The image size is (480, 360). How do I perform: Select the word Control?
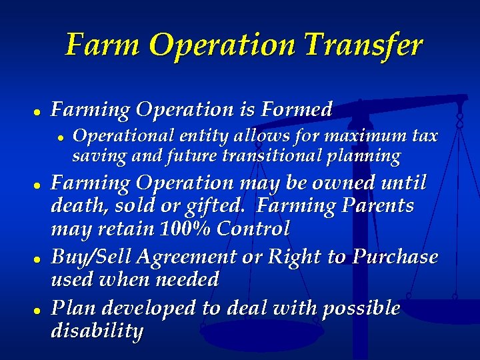point(252,229)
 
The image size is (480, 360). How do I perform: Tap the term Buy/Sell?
point(91,257)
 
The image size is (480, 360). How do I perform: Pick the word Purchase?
point(395,257)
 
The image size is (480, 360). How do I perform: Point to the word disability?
point(97,331)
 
